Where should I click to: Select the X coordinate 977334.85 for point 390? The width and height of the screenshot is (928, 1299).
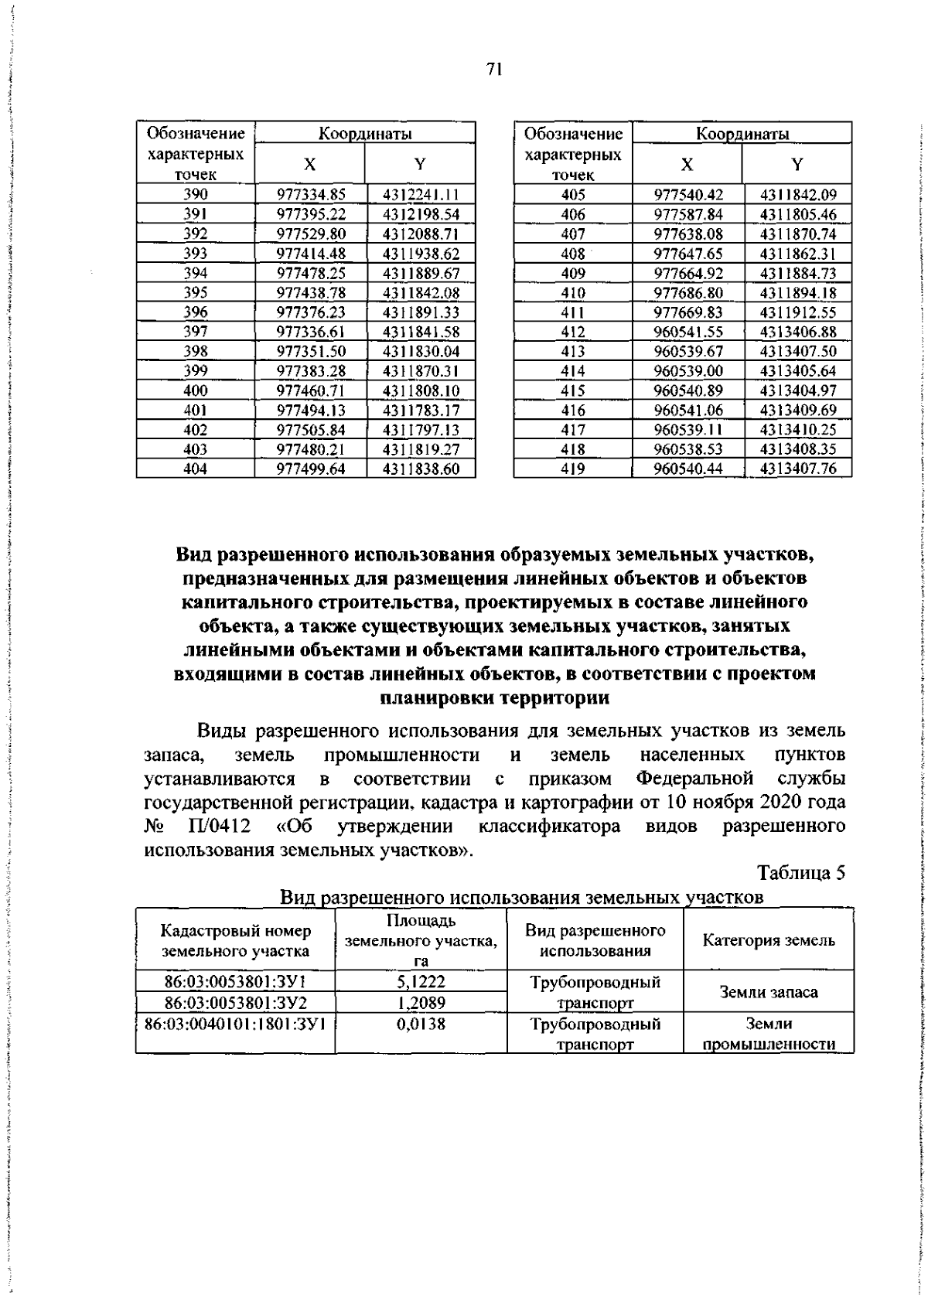point(311,195)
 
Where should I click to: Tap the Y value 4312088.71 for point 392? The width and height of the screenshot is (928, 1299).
point(421,234)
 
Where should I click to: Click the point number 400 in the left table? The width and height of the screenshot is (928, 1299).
point(196,391)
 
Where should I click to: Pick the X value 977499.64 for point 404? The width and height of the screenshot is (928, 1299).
point(311,469)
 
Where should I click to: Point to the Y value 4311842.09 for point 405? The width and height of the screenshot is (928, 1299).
point(798,195)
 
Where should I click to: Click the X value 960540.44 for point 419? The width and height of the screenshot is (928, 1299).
point(688,469)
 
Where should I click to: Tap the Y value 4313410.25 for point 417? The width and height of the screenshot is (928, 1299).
point(798,430)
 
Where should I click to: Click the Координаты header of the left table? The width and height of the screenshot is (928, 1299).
point(365,134)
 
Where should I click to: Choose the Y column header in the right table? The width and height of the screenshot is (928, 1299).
point(797,164)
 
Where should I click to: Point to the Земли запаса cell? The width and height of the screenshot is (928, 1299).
point(769,991)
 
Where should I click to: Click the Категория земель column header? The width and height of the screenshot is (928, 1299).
point(769,940)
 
